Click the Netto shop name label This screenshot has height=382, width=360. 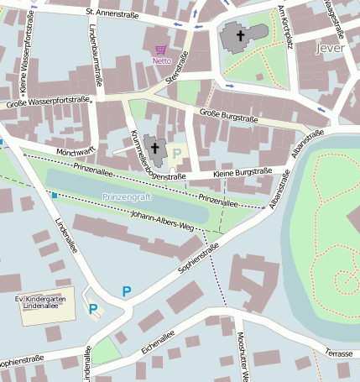coord(161,61)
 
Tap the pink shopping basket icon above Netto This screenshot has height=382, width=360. coord(161,50)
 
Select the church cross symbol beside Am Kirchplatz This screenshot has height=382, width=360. coord(242,35)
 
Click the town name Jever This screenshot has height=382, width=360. coord(331,48)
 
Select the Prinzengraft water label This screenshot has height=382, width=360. coord(125,196)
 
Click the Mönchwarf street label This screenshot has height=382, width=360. coord(78,152)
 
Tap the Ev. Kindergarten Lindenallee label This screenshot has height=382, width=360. coord(43,302)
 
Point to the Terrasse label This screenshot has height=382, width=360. coord(339,353)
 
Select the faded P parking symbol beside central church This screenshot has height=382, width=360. coord(177,152)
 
